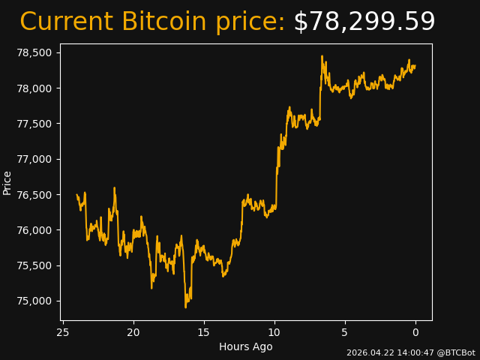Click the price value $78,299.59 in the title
[364, 22]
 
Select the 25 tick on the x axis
[63, 332]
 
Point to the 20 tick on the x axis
[133, 332]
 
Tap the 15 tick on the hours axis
[204, 332]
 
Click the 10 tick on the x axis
[274, 332]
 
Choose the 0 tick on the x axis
[415, 332]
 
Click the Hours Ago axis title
[246, 346]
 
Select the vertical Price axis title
[7, 182]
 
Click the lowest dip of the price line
[186, 307]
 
